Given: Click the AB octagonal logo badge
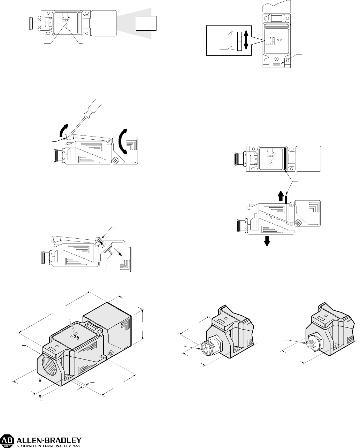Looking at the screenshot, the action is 7,440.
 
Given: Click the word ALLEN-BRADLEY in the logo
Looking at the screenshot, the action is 49,439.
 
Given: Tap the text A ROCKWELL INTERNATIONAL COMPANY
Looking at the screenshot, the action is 48,446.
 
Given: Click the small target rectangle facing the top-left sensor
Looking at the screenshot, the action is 146,23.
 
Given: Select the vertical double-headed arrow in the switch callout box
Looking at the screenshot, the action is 246,40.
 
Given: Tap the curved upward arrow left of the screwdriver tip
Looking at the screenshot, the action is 63,130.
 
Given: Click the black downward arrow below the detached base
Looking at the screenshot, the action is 267,242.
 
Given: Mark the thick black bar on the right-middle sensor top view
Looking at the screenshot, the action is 284,159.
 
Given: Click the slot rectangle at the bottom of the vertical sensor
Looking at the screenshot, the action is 276,65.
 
